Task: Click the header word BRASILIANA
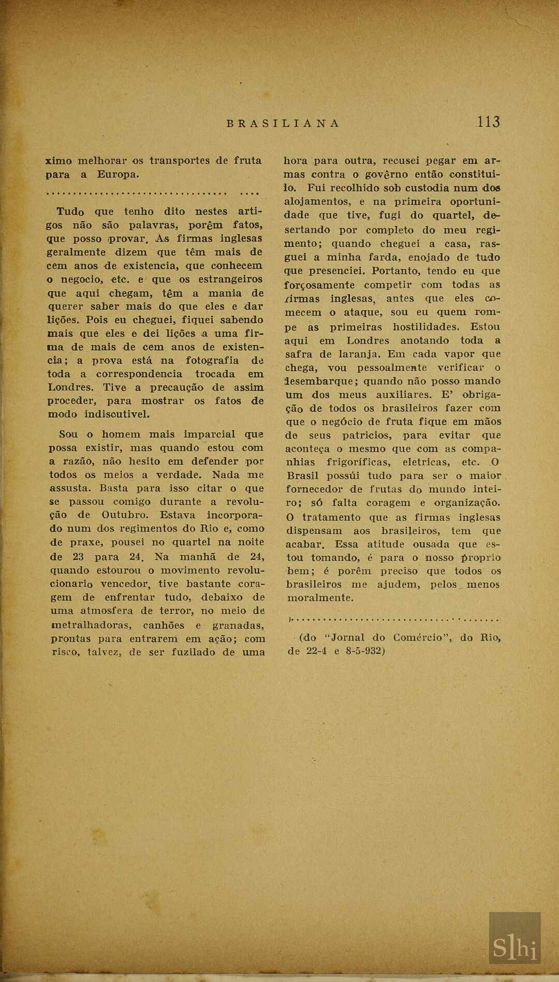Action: point(283,123)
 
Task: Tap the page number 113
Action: point(489,122)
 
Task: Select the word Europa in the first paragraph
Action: point(118,174)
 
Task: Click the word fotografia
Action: point(212,360)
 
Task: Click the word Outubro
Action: point(125,515)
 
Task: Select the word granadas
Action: point(239,625)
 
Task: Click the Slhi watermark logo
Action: point(514,946)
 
